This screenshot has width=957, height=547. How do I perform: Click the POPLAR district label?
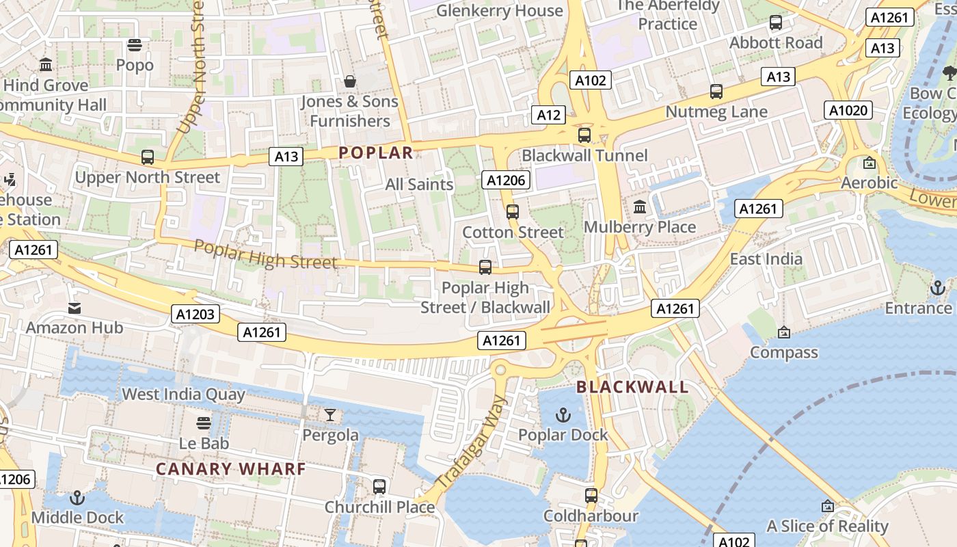point(376,152)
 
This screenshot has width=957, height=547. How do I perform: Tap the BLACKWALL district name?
point(632,387)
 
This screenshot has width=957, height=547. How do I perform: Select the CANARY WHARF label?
point(230,469)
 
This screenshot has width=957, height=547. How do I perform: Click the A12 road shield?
point(549,115)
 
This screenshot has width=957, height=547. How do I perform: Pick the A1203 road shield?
point(196,314)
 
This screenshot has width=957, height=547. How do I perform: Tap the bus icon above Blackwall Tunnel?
point(584,135)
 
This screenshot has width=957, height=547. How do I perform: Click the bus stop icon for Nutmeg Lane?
point(716,92)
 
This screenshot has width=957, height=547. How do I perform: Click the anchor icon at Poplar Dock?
point(563,414)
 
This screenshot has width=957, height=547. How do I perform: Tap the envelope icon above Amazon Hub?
point(75,308)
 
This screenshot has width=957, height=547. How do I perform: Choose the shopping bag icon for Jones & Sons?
point(350,81)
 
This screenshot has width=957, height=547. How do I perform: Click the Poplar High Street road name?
point(265,254)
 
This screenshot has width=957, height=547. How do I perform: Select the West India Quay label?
point(183,394)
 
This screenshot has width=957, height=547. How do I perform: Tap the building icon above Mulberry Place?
point(641,206)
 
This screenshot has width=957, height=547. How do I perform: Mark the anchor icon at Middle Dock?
point(77,498)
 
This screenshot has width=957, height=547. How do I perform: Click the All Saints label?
point(419,184)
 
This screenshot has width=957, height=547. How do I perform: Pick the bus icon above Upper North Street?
point(148,157)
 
